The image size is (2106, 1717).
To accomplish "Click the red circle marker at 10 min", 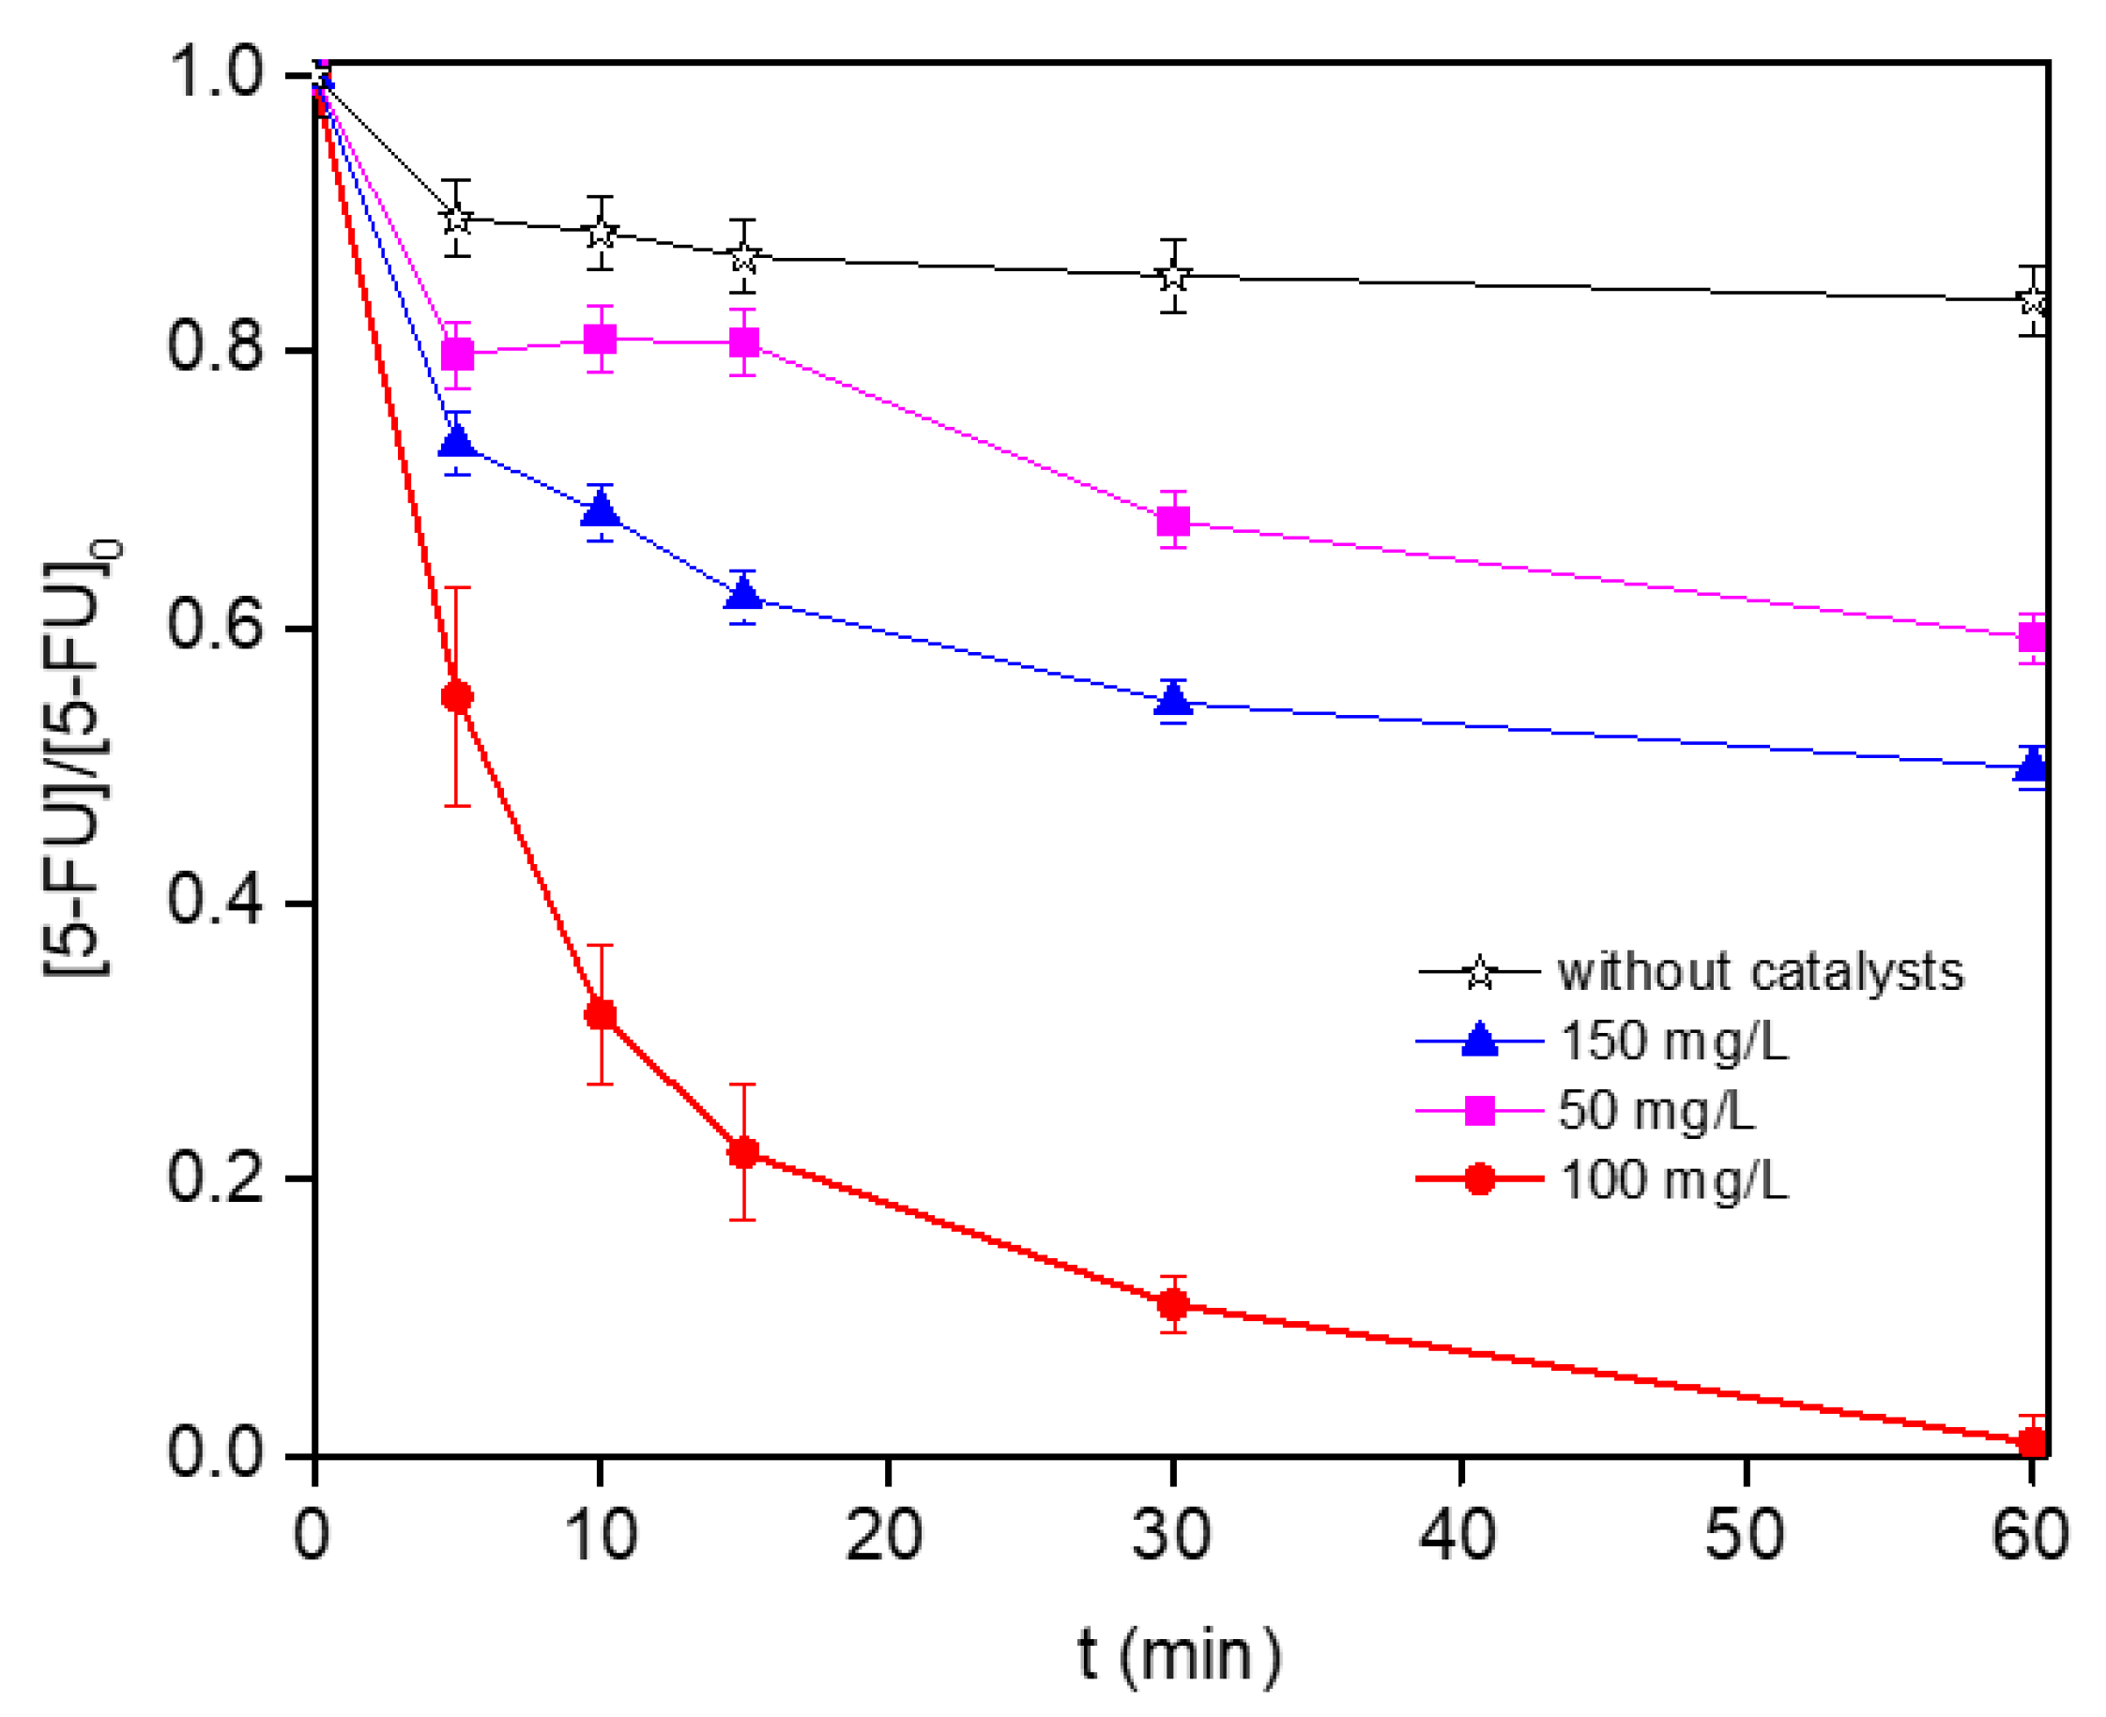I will click(600, 1014).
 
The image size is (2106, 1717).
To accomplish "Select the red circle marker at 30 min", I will click(1172, 1304).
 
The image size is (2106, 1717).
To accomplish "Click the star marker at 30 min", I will click(1172, 276).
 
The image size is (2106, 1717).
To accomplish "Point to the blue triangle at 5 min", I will click(456, 439).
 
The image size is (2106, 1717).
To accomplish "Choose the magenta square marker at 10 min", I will click(600, 340).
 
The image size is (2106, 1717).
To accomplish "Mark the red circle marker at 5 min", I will click(456, 696).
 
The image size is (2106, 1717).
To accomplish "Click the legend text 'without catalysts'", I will click(1760, 972).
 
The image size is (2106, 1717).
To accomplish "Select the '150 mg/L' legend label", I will click(1672, 1041).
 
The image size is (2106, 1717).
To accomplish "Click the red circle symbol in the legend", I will click(1479, 1179).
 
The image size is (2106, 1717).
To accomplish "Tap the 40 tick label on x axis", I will click(1457, 1534).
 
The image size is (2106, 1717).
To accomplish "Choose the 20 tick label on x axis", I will click(883, 1534).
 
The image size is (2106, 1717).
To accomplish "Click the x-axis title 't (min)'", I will click(1179, 1654).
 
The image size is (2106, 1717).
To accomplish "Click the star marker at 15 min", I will click(743, 258).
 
